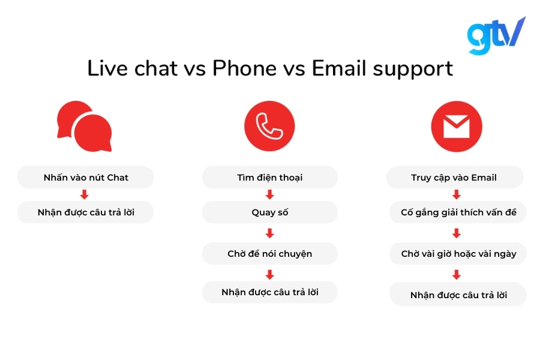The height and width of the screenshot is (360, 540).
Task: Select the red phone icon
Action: [x=269, y=127]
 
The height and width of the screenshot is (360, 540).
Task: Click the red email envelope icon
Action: [x=456, y=127]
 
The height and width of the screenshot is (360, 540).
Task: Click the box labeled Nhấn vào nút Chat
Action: [x=86, y=178]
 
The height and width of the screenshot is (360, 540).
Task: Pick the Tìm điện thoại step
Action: [x=269, y=178]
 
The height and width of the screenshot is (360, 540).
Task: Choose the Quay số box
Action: [x=269, y=212]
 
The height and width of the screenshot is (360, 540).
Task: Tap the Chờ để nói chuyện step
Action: [x=269, y=254]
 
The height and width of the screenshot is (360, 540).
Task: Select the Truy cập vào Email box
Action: [x=454, y=178]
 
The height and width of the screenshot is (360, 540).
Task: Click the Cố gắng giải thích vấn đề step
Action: [x=458, y=212]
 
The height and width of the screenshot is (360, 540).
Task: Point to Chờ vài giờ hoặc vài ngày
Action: [x=458, y=254]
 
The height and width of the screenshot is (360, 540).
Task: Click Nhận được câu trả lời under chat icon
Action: [x=86, y=212]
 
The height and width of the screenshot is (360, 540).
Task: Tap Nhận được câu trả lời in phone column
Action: [x=269, y=292]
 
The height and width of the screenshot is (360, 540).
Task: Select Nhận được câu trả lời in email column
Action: [x=458, y=295]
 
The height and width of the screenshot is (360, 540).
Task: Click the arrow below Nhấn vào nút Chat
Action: [x=85, y=195]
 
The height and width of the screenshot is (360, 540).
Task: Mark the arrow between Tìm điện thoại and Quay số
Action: [x=269, y=195]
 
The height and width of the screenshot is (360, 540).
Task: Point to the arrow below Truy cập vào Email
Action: [x=456, y=195]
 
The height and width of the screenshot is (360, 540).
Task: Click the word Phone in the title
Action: [x=244, y=68]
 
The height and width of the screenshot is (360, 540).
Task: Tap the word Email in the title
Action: [x=339, y=68]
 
